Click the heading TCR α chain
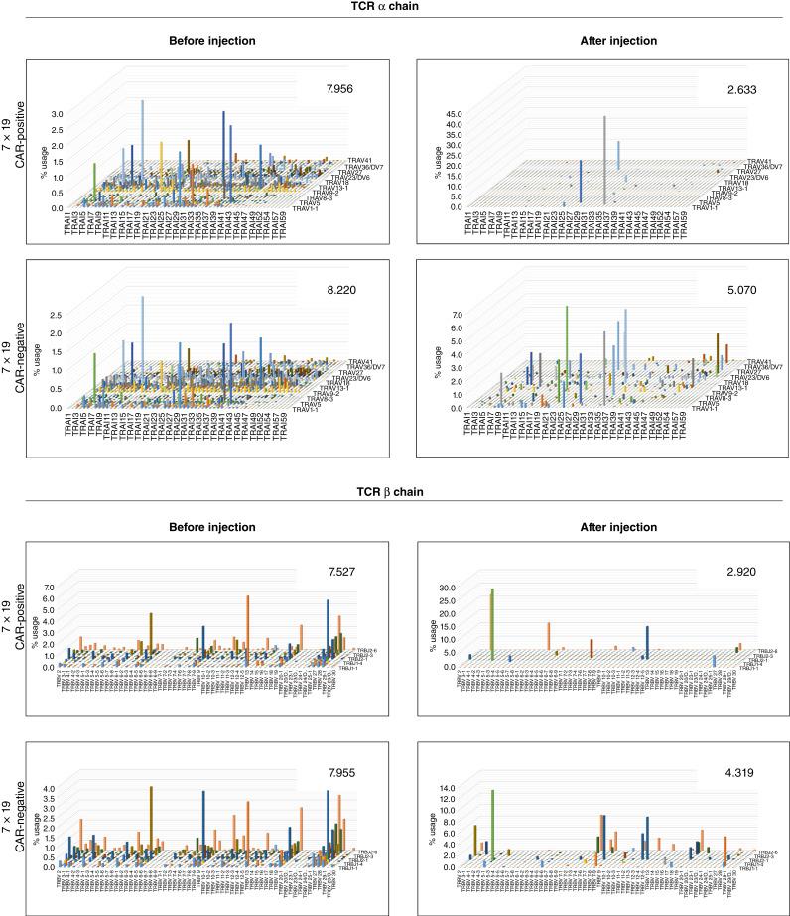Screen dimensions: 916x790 click(x=394, y=8)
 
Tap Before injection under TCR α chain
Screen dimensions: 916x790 click(x=194, y=42)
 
